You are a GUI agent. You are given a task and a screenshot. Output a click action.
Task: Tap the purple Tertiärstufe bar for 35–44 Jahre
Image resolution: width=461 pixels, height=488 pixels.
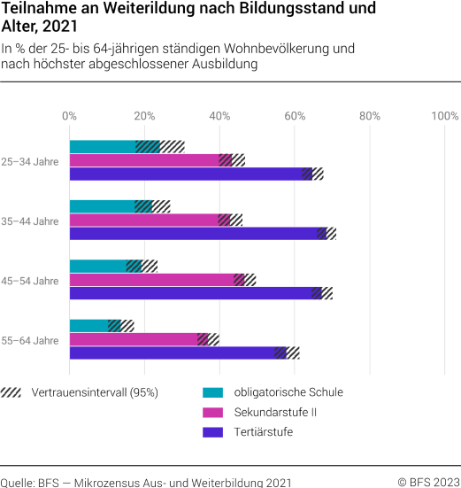pyautogui.click(x=195, y=234)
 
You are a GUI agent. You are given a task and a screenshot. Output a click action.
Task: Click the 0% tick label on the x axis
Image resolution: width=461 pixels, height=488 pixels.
pyautogui.click(x=69, y=115)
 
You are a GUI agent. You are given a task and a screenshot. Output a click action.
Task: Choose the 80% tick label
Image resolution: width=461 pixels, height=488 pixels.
pyautogui.click(x=370, y=115)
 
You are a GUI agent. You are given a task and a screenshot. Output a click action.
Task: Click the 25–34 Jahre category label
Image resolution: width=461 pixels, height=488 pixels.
pyautogui.click(x=30, y=160)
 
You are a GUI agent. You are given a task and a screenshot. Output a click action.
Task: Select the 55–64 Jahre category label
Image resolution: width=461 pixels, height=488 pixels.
pyautogui.click(x=30, y=339)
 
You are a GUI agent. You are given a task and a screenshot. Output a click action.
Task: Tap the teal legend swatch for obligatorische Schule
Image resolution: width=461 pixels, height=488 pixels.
pyautogui.click(x=213, y=392)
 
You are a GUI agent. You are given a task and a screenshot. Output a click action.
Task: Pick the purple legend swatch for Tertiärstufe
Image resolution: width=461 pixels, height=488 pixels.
pyautogui.click(x=213, y=432)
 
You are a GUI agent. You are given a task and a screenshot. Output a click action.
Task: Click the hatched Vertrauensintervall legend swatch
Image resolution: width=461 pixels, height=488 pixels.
pyautogui.click(x=12, y=392)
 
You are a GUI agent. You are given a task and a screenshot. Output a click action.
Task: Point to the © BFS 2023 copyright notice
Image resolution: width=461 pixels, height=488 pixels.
pyautogui.click(x=428, y=482)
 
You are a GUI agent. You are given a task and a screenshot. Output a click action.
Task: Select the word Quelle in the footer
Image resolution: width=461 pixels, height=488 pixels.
pyautogui.click(x=18, y=482)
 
